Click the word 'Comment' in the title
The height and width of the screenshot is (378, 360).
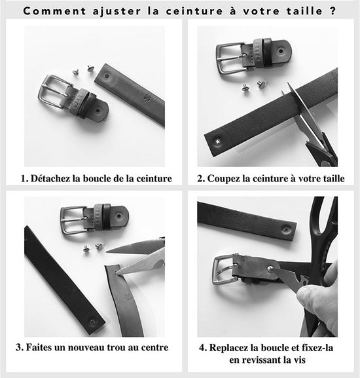54,11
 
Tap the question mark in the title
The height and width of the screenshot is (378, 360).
333,11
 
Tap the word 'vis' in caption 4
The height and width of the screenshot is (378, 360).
300,360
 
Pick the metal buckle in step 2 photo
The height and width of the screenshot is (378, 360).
230,58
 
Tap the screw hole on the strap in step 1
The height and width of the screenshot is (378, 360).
107,77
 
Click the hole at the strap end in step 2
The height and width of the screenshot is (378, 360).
217,142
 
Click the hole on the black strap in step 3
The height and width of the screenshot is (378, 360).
92,322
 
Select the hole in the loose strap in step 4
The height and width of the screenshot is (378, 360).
286,229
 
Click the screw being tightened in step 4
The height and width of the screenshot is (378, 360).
270,269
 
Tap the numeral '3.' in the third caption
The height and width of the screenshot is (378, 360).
20,348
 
